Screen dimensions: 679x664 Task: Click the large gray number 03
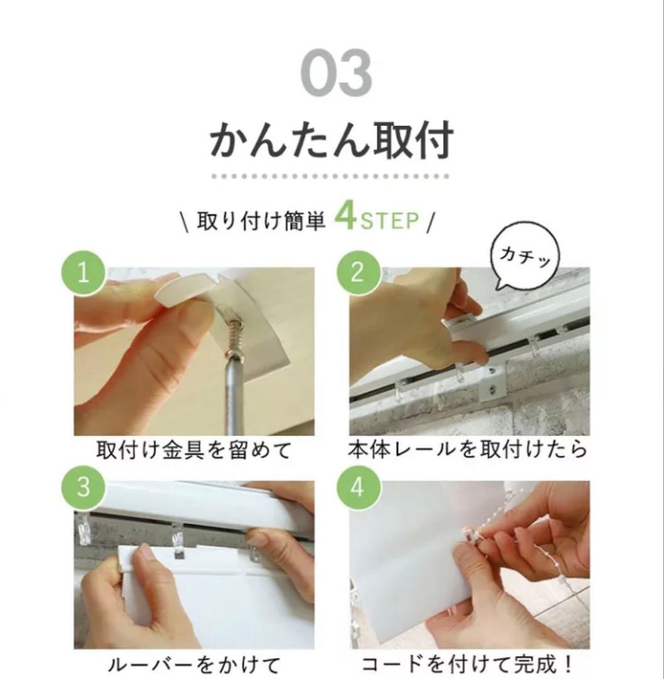tap(335, 74)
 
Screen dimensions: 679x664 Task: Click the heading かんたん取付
tap(330, 140)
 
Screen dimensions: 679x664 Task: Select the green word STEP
tap(389, 221)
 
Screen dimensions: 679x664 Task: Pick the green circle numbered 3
tap(84, 487)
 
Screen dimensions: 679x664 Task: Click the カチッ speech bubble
tap(525, 257)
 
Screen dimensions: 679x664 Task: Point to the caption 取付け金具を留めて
tap(194, 450)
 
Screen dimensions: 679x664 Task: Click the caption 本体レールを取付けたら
tap(468, 450)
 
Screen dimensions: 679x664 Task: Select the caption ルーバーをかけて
tap(194, 664)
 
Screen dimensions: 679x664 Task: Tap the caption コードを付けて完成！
tap(468, 664)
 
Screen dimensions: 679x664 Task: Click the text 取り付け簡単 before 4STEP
tap(261, 221)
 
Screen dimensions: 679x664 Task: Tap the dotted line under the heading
tap(330, 177)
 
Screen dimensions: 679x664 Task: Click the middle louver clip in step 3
tap(177, 539)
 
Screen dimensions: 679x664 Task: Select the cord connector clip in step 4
tap(472, 535)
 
